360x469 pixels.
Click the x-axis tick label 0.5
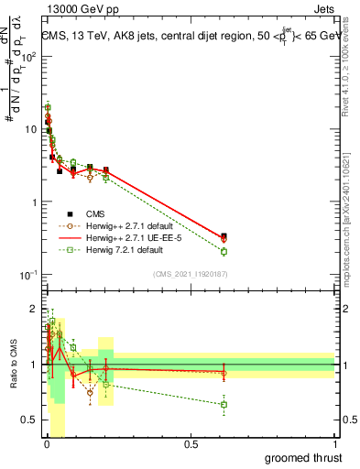[191, 445]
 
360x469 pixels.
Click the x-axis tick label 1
[335, 445]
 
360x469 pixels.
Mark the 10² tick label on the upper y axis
[27, 56]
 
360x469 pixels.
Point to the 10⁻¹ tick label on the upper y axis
[27, 274]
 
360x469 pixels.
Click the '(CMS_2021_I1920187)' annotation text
[190, 273]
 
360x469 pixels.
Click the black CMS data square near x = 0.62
[224, 235]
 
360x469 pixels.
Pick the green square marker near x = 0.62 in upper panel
[224, 251]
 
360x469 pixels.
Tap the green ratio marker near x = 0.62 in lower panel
[224, 404]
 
